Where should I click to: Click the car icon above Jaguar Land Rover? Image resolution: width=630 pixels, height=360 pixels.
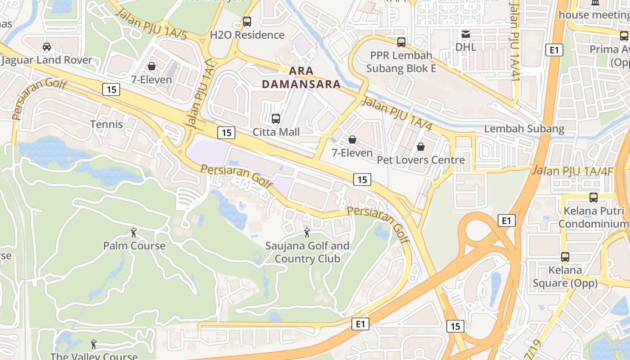pyautogui.click(x=47, y=47)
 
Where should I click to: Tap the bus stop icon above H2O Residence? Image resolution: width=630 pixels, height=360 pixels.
pyautogui.click(x=247, y=21)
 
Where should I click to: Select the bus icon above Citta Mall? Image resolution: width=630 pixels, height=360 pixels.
pyautogui.click(x=276, y=119)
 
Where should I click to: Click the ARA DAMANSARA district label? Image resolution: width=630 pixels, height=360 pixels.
pyautogui.click(x=301, y=77)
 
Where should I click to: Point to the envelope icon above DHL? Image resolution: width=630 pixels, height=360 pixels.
pyautogui.click(x=466, y=34)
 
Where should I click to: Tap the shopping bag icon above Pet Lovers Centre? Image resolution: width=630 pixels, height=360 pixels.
pyautogui.click(x=421, y=147)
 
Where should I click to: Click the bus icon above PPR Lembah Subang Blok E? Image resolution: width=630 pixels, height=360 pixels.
pyautogui.click(x=401, y=42)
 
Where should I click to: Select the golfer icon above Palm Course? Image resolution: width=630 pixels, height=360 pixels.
pyautogui.click(x=134, y=233)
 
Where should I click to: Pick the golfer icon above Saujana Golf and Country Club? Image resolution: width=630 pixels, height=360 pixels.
pyautogui.click(x=307, y=233)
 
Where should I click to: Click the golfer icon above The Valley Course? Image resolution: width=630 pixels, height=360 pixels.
pyautogui.click(x=94, y=344)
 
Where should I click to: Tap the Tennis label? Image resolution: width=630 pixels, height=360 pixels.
pyautogui.click(x=106, y=124)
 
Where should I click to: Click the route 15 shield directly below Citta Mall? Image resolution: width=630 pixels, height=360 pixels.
pyautogui.click(x=226, y=132)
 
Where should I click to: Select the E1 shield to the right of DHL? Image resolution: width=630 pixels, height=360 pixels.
pyautogui.click(x=554, y=49)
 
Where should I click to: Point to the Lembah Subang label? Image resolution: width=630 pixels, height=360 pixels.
pyautogui.click(x=524, y=129)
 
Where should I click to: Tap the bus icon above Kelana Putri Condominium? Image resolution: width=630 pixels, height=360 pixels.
pyautogui.click(x=594, y=197)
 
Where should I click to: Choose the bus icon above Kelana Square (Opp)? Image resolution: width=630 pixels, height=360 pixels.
pyautogui.click(x=565, y=257)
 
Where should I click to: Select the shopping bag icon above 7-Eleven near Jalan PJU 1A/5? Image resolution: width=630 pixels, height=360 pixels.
pyautogui.click(x=152, y=66)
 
